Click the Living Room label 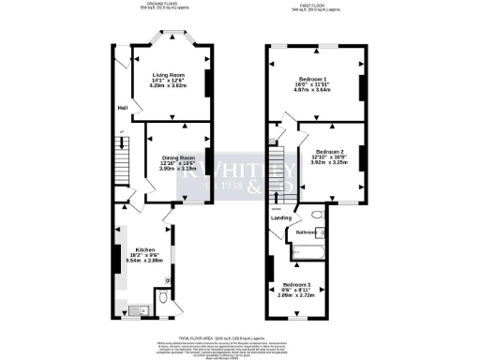click(170, 74)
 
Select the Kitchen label click(131, 249)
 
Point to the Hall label click(122, 108)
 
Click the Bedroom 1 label click(312, 79)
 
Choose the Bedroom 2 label click(329, 151)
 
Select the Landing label click(280, 218)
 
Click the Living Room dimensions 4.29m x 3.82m click(170, 85)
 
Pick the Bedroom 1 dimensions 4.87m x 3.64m click(312, 91)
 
